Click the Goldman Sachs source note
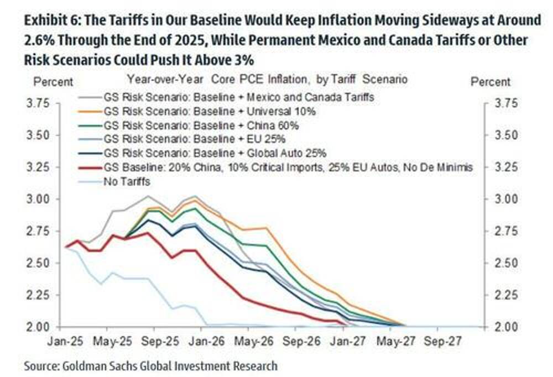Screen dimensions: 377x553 tap(150, 365)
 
